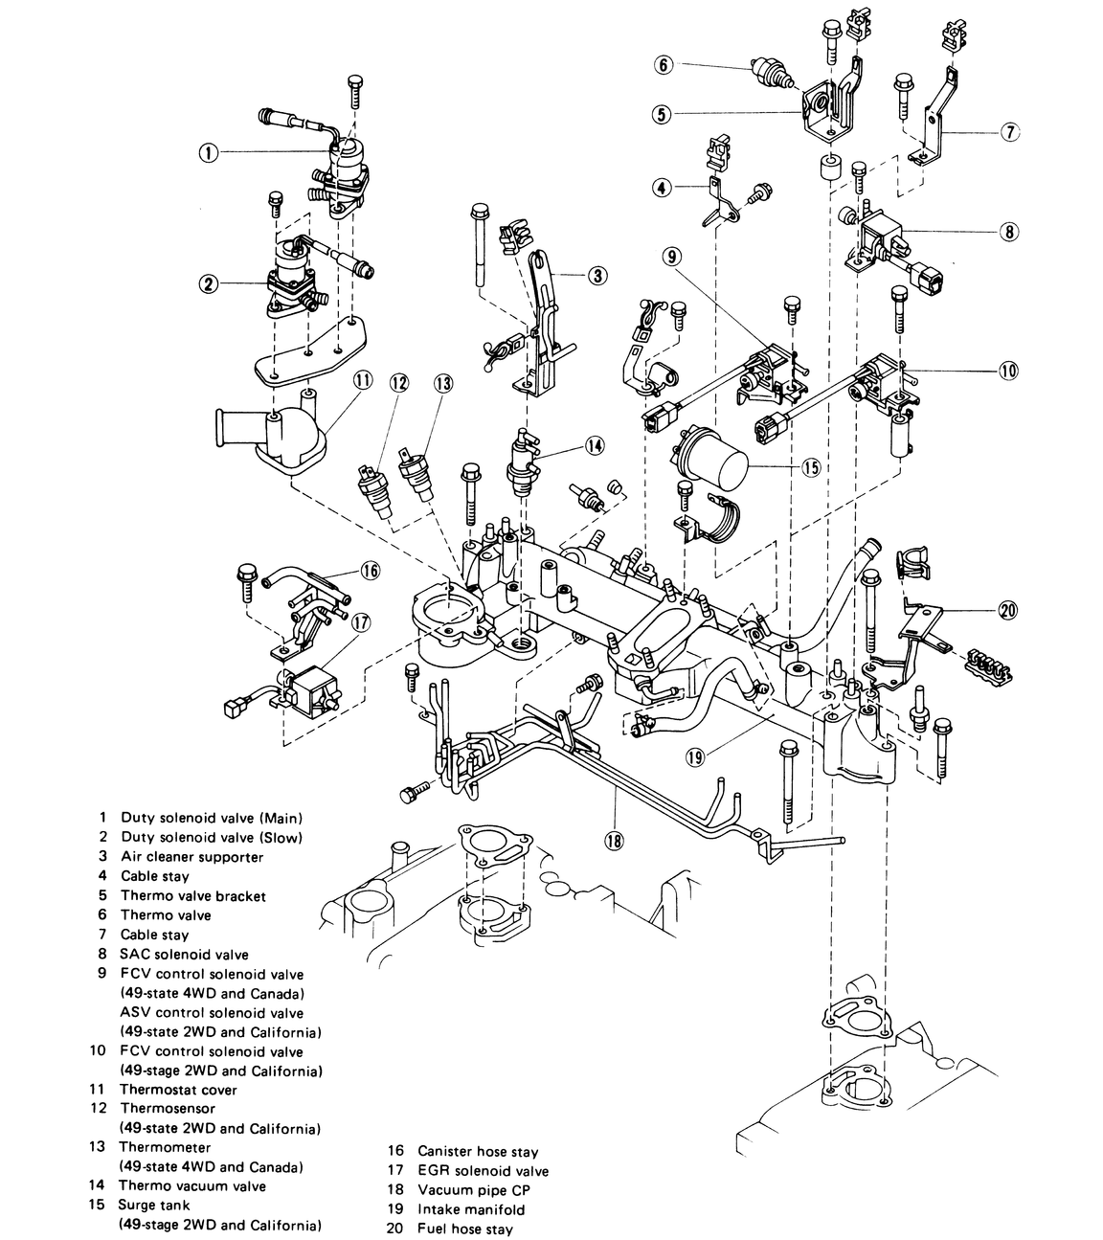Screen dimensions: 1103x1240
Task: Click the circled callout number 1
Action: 209,152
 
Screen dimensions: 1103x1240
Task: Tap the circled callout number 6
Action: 664,65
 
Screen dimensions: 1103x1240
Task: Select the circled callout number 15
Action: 811,467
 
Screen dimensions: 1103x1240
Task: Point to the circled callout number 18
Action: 614,841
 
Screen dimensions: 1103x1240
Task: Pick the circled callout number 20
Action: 1007,610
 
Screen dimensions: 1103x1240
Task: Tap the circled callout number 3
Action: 597,276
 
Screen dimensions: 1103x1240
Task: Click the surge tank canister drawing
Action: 712,458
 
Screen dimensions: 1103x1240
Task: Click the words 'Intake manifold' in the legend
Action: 471,1208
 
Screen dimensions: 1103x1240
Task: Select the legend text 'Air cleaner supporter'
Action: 191,856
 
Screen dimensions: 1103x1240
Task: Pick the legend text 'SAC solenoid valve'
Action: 184,954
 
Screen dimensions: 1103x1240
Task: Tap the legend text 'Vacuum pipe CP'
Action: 474,1189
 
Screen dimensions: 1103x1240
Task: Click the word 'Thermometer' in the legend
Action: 165,1146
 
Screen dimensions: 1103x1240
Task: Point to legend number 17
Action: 395,1170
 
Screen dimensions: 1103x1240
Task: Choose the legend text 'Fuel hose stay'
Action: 465,1229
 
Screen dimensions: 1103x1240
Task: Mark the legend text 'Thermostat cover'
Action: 178,1089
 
